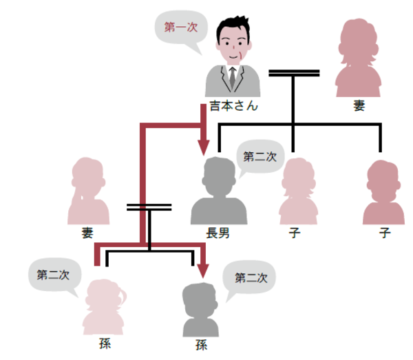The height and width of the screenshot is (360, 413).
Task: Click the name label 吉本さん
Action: coord(233,107)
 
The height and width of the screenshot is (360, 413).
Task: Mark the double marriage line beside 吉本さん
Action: coord(294,72)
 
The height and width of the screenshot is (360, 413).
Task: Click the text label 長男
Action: coord(217,233)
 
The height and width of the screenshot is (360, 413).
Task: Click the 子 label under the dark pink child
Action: coord(384,233)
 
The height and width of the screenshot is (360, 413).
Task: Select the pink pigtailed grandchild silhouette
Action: coord(104,306)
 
